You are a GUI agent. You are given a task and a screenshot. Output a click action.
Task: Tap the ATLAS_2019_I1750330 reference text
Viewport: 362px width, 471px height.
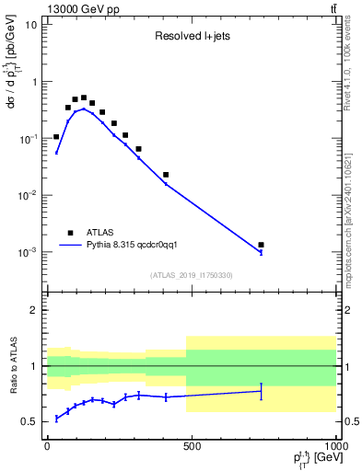pos(192,275)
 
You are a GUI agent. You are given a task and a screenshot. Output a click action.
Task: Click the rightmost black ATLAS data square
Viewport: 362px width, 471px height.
pos(262,245)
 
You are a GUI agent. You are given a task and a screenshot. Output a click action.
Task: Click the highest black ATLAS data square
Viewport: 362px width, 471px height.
pos(84,98)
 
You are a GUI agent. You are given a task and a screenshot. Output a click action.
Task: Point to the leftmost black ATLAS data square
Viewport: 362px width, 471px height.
pos(56,136)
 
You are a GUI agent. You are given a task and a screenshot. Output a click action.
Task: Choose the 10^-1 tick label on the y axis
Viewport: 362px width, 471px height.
pos(28,138)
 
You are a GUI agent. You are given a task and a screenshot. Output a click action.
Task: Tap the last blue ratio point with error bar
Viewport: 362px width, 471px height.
pos(262,391)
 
